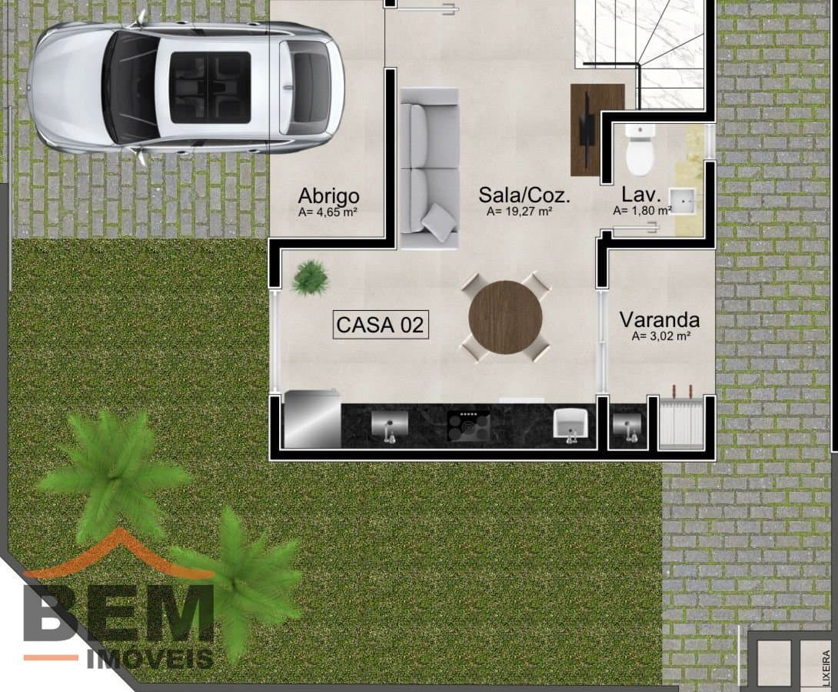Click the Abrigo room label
click(328, 196)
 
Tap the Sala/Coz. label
click(524, 195)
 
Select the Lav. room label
click(641, 194)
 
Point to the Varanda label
click(660, 319)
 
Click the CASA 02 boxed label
click(381, 324)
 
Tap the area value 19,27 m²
click(519, 212)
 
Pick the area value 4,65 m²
click(328, 212)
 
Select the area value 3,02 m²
click(662, 336)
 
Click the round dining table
click(505, 317)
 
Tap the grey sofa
click(429, 168)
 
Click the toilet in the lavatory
click(640, 150)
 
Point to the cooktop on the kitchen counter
click(469, 426)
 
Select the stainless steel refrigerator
click(312, 420)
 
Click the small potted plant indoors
click(309, 276)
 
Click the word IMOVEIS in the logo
click(150, 659)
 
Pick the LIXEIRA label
click(826, 668)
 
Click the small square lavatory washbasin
click(682, 201)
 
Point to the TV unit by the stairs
click(597, 129)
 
